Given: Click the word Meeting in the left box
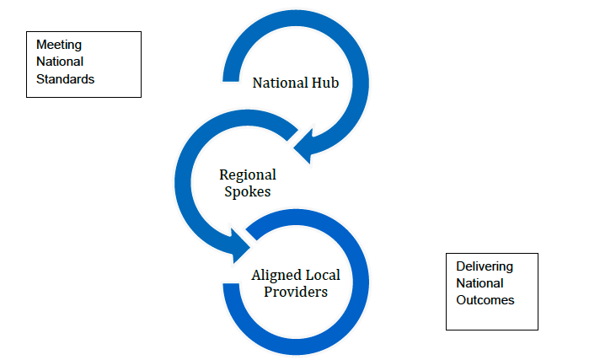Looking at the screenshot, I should click(59, 44).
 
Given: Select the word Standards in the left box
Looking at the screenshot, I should click(65, 79).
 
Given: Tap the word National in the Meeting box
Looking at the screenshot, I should click(60, 62).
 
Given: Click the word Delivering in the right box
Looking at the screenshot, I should click(484, 266).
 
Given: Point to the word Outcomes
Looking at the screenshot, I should click(485, 300).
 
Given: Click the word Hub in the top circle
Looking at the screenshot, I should click(325, 83).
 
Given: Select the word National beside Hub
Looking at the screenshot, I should click(280, 83).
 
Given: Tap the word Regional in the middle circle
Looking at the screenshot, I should click(248, 175).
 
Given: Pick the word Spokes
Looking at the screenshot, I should click(248, 191).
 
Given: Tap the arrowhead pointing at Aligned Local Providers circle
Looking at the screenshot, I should click(241, 244).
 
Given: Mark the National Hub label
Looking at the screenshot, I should click(296, 83).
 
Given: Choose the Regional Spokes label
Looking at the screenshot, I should click(248, 183).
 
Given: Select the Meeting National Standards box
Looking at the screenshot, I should click(83, 64).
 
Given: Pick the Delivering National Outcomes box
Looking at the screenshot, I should click(491, 291).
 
